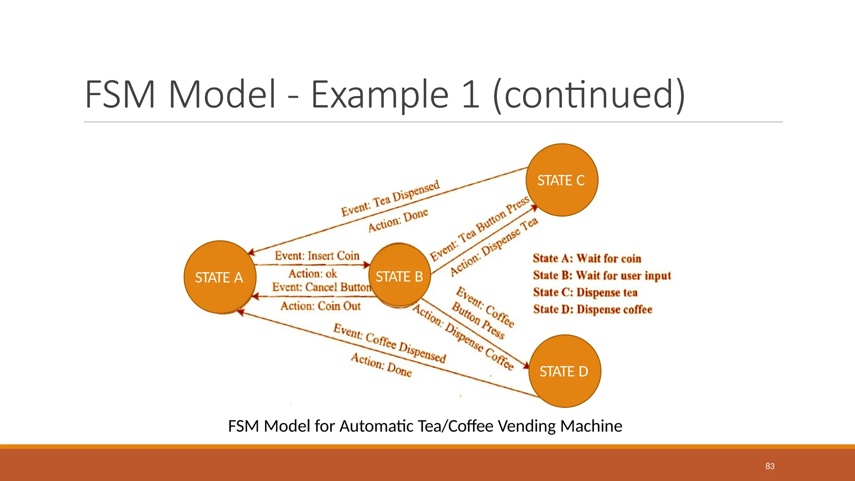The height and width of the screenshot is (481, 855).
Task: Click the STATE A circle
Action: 220,277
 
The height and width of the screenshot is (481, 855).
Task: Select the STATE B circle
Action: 400,276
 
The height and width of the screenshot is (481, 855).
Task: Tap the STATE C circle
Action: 562,180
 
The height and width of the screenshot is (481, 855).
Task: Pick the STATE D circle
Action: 564,371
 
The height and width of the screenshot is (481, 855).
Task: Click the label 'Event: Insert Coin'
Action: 317,256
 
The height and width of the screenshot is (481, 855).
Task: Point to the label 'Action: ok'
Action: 313,273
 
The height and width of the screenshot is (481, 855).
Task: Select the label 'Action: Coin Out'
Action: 320,306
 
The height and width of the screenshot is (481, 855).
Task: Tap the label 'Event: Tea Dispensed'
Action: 390,198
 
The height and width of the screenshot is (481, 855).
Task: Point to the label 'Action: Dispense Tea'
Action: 494,247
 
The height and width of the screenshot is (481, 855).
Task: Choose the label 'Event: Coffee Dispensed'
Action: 390,343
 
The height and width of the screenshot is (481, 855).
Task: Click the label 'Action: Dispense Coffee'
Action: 463,337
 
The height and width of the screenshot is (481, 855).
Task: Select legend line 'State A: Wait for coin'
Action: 587,258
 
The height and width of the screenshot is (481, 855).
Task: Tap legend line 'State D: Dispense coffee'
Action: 592,309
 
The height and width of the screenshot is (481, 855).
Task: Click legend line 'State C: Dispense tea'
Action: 585,292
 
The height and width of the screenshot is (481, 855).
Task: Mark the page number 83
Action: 770,466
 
